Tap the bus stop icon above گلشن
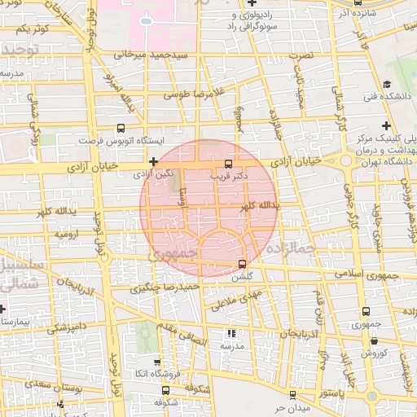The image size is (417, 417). point(242,263)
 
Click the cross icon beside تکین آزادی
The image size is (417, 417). point(152,160)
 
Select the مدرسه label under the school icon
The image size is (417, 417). point(232,345)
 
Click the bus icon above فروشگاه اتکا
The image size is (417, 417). point(157,362)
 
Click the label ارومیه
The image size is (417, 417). point(67,234)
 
